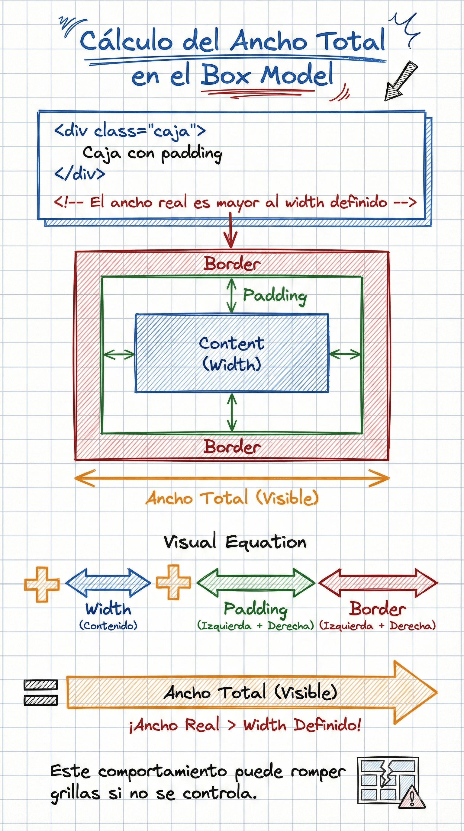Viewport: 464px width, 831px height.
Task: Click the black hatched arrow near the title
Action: (400, 81)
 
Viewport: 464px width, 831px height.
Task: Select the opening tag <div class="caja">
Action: (130, 131)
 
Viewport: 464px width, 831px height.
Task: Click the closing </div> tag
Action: (79, 174)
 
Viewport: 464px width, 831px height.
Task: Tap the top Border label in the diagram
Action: (232, 264)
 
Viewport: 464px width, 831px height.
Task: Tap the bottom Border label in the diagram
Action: (232, 447)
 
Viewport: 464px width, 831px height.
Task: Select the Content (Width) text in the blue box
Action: (231, 354)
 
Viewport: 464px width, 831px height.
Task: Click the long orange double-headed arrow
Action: (232, 478)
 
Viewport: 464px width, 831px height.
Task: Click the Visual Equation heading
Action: (235, 542)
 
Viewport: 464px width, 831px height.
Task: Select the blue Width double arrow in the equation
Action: (108, 583)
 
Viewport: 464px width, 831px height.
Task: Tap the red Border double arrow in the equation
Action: (378, 583)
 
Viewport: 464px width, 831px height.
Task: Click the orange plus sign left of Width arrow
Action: (42, 584)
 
